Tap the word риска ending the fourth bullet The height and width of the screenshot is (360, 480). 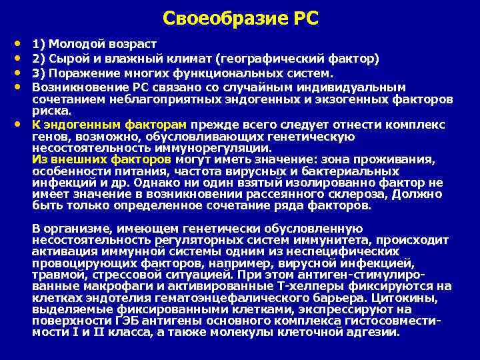tap(50, 111)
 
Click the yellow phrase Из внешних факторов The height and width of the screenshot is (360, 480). tap(102, 160)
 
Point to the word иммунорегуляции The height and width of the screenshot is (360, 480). tap(210, 148)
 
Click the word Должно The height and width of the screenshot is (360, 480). tap(419, 194)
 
